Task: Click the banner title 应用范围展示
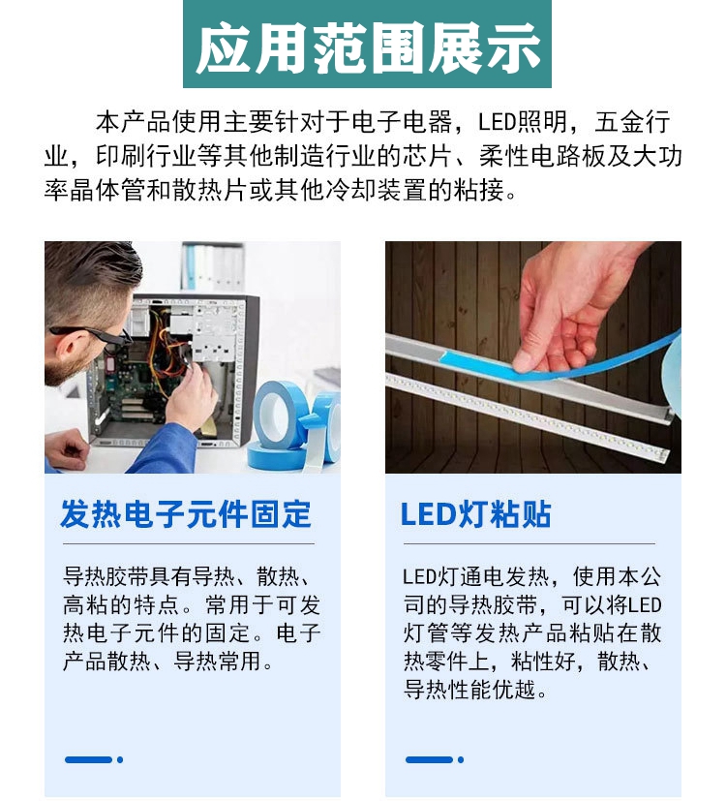tap(368, 48)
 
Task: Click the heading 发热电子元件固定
tap(186, 514)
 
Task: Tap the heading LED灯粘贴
tap(476, 514)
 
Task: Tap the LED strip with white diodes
tap(526, 414)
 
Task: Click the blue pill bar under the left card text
tap(88, 759)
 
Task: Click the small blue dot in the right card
tap(461, 759)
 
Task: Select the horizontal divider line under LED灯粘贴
tap(529, 543)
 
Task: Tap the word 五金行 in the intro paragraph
tap(632, 122)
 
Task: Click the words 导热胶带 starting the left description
tap(106, 577)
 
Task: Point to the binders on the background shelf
tap(212, 265)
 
